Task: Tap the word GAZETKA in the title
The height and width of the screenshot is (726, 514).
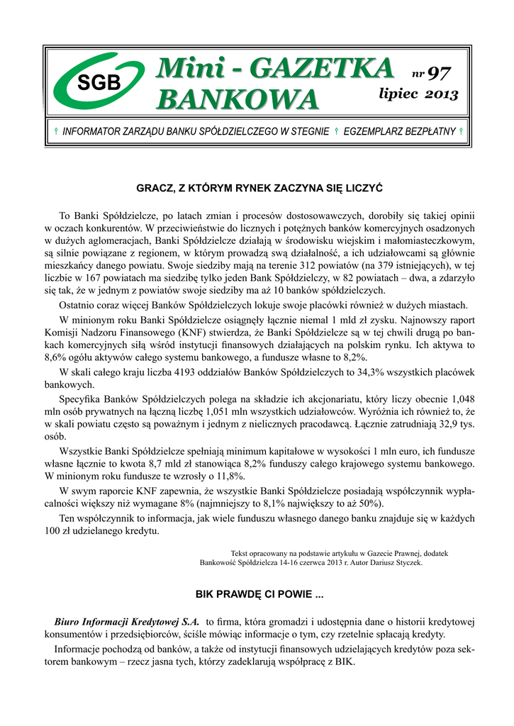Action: pyautogui.click(x=330, y=69)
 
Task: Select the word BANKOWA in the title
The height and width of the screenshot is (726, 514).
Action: pyautogui.click(x=237, y=99)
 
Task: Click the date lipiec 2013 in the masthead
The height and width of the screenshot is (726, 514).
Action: pyautogui.click(x=418, y=94)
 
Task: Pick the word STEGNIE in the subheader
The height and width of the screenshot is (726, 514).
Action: pyautogui.click(x=306, y=132)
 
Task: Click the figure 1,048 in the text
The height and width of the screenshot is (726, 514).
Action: pyautogui.click(x=459, y=398)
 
